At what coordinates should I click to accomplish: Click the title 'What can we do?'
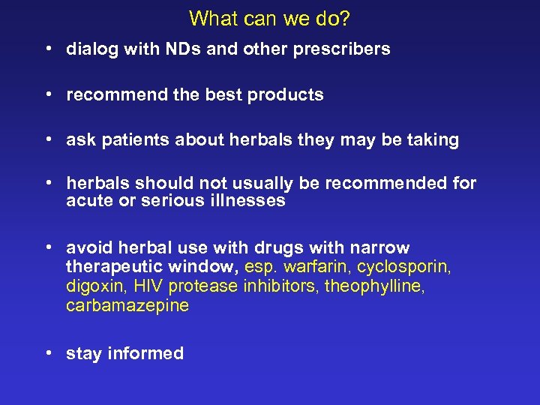coord(270,17)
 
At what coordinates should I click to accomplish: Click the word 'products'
coord(286,95)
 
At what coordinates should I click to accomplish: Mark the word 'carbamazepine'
coord(127,306)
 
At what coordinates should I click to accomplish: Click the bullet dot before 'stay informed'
coord(47,353)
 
